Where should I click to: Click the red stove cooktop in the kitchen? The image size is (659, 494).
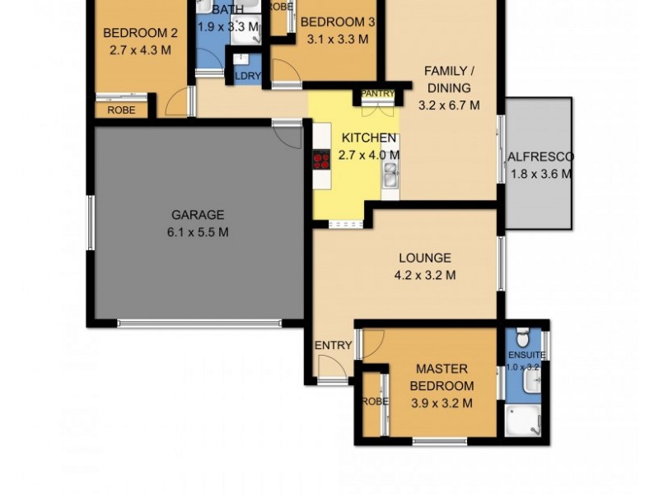point(320,161)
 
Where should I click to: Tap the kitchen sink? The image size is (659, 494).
point(390,174)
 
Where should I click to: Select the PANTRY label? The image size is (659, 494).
point(378,94)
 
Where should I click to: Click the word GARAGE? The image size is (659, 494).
point(197,216)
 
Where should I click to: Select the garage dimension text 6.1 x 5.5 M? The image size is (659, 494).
point(197,232)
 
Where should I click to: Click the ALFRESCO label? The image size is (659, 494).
point(540,156)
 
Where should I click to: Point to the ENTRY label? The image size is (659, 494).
point(333,345)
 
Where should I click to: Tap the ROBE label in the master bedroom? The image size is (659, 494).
point(375,401)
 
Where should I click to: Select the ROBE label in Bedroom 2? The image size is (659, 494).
point(121,110)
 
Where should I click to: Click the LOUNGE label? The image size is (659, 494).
point(424,258)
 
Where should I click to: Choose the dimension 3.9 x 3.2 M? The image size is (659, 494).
point(442,403)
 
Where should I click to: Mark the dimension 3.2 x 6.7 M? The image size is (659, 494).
point(448,105)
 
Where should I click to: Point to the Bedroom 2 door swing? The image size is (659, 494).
point(176,103)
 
